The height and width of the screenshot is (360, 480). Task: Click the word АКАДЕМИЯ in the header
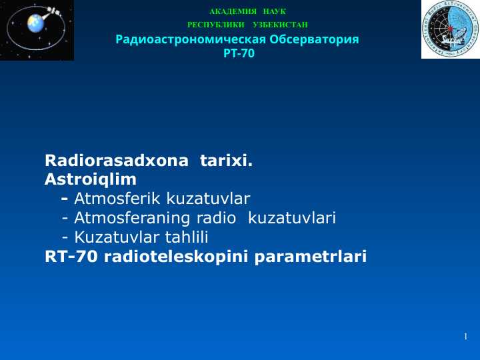point(233,11)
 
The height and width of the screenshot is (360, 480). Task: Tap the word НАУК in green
point(275,11)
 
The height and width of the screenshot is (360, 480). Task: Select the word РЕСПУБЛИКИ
point(216,25)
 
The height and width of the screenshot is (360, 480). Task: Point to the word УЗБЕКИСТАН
point(280,25)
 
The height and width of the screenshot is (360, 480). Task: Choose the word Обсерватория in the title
point(314,39)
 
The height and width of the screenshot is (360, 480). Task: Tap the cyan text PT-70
point(239,53)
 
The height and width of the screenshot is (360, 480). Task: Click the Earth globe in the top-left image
point(36,23)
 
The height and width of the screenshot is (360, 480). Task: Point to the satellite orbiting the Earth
point(53,11)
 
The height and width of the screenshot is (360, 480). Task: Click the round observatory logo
point(450,29)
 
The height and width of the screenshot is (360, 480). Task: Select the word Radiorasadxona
point(116,161)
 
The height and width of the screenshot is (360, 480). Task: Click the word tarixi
point(226,161)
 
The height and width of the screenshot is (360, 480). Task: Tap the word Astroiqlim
point(91,180)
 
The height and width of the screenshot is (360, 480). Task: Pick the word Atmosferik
point(117,199)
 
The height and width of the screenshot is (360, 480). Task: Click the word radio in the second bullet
point(216,218)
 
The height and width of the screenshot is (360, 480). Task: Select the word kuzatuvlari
point(292,218)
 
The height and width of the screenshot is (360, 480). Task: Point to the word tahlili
point(187,237)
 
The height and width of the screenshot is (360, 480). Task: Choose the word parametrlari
point(311,257)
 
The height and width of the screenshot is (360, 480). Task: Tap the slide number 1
point(465,337)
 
